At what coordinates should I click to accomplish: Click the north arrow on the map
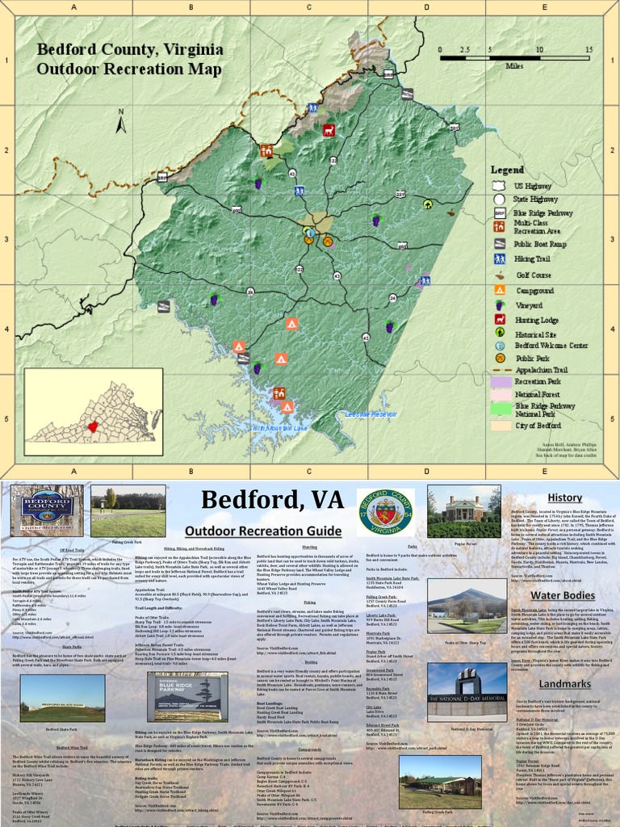click(x=121, y=122)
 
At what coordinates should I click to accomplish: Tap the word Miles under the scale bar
click(x=515, y=67)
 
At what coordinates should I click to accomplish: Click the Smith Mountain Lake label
click(x=280, y=427)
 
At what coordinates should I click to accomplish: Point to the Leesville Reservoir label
click(x=371, y=414)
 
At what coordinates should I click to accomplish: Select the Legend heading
click(x=508, y=170)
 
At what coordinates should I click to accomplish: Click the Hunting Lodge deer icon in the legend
click(x=500, y=320)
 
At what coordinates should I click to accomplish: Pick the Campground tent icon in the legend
click(x=500, y=290)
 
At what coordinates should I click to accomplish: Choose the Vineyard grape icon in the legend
click(x=500, y=305)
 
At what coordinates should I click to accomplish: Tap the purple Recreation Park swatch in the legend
click(x=501, y=380)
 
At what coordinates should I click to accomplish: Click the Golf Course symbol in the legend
click(x=500, y=275)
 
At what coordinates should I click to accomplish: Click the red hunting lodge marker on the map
click(x=329, y=130)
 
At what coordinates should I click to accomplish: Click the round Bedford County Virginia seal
click(x=386, y=511)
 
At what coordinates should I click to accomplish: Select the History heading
click(x=564, y=497)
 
